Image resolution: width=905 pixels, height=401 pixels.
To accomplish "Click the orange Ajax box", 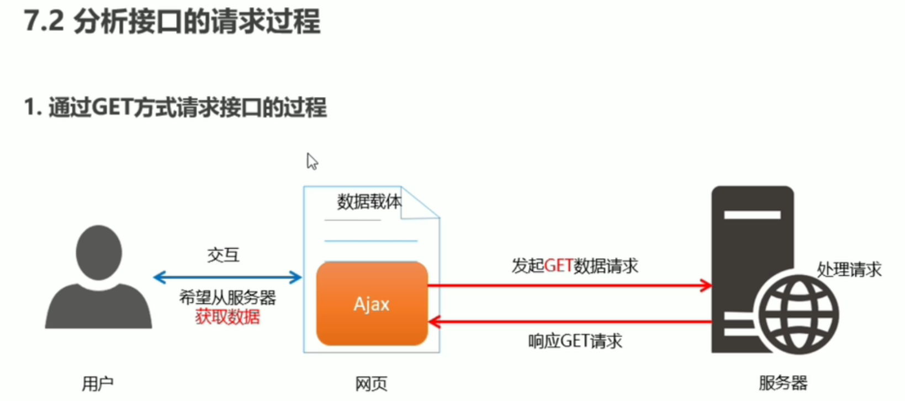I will [372, 303].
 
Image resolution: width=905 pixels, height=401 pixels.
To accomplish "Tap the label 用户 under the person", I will [98, 383].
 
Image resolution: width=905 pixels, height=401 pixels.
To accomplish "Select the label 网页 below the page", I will [371, 383].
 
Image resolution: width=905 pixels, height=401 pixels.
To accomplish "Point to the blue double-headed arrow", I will [227, 277].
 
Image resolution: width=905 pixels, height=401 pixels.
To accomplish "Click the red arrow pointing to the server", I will [569, 285].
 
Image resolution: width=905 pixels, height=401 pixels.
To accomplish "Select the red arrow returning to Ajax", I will [569, 321].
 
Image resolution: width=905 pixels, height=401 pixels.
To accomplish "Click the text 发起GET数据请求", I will [574, 266].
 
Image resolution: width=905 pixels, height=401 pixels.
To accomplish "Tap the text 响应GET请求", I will [575, 341].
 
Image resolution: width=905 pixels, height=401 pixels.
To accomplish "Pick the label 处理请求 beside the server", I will [849, 270].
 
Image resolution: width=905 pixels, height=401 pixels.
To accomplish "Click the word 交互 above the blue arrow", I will [223, 255].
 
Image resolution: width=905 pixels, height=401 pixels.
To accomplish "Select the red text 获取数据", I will [227, 317].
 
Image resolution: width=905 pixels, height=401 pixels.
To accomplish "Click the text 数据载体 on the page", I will [369, 202].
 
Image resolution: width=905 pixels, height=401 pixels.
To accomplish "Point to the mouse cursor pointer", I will [312, 161].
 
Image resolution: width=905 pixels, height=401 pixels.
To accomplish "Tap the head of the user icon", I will [99, 252].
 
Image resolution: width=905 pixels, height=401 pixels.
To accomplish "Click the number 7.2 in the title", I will [44, 22].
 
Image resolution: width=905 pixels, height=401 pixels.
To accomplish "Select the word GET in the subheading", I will [113, 107].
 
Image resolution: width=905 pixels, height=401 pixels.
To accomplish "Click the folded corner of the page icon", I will [420, 204].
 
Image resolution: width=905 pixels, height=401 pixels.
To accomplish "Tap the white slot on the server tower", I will [751, 215].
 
